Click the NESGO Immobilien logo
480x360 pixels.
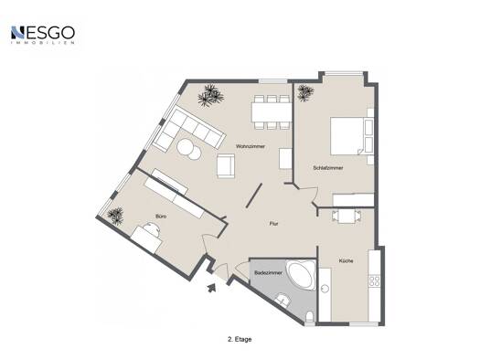click(x=43, y=35)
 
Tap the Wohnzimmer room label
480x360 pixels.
click(x=251, y=146)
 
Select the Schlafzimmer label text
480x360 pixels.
click(x=328, y=168)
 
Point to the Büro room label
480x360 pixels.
click(x=161, y=217)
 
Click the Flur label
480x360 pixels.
click(x=273, y=224)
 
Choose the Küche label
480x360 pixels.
click(x=346, y=261)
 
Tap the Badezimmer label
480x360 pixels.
click(x=268, y=272)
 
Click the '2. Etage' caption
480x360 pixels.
click(x=240, y=339)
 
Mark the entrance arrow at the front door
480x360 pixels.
click(x=212, y=288)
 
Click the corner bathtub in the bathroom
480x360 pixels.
click(x=301, y=275)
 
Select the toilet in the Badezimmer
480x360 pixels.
click(x=310, y=316)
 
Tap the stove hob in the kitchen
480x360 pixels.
click(x=374, y=281)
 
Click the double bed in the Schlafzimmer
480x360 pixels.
click(x=351, y=136)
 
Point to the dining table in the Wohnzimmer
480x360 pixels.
click(x=272, y=112)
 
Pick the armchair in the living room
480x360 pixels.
click(x=226, y=165)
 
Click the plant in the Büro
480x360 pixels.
click(x=116, y=216)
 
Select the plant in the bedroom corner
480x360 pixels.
click(x=305, y=92)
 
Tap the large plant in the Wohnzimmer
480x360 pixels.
click(x=210, y=95)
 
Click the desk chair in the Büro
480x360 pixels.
click(x=152, y=228)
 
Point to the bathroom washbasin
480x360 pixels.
click(x=283, y=300)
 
